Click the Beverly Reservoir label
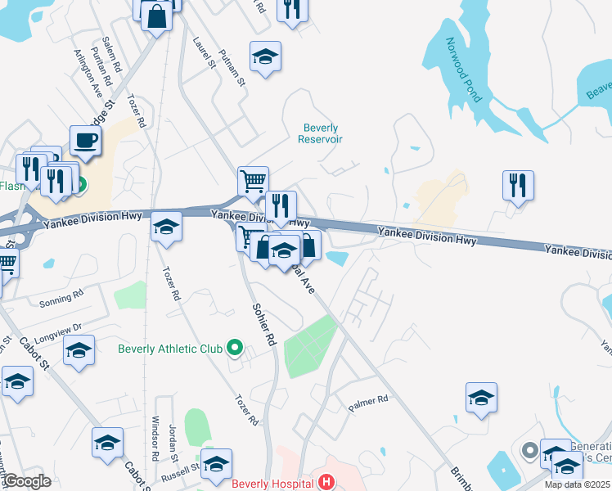tap(321, 133)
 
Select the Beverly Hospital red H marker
tap(326, 483)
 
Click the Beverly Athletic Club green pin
tap(235, 349)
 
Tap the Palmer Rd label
tap(367, 403)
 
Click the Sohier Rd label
tap(264, 325)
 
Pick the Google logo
tap(27, 481)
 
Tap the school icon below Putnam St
tap(264, 57)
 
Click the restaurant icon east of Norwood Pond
tap(518, 186)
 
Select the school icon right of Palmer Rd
tap(482, 399)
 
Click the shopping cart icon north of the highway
tap(253, 182)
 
